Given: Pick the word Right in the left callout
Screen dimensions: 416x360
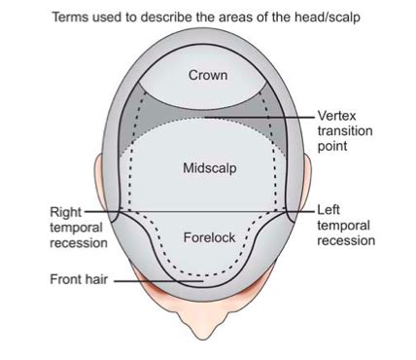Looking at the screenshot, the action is coord(66,210).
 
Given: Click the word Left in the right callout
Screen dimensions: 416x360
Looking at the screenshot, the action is coord(329,209).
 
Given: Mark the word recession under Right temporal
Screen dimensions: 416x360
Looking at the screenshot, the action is coord(76,242).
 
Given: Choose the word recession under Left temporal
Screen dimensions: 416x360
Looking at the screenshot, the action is coord(345,239).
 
